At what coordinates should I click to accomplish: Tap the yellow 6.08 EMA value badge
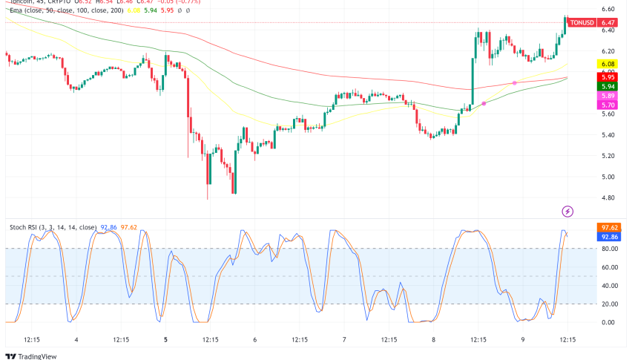[608, 65]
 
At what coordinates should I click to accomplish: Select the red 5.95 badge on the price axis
[608, 76]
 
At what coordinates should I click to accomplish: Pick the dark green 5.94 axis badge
[608, 86]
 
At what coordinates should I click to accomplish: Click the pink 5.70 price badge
[608, 106]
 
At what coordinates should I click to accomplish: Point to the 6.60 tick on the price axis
[608, 9]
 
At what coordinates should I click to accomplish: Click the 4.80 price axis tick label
[608, 197]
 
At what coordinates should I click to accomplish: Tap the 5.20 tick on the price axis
[608, 156]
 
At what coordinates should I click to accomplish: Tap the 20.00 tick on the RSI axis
[609, 304]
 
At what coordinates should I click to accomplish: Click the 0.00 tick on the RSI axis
[608, 322]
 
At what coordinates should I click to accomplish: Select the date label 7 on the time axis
[344, 340]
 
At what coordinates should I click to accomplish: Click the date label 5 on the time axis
[166, 340]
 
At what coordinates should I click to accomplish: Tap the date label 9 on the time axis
[522, 340]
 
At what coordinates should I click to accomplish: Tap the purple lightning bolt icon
[567, 212]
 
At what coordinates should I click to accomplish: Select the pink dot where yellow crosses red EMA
[514, 82]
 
